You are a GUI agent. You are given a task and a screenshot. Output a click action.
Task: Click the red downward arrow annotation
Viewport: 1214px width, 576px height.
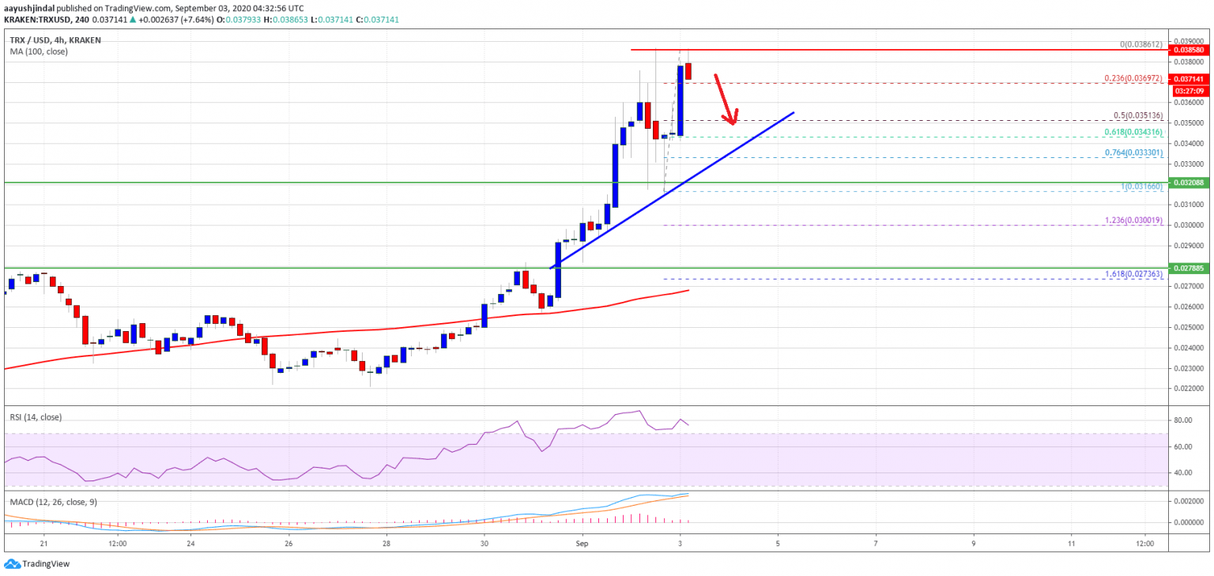pyautogui.click(x=726, y=99)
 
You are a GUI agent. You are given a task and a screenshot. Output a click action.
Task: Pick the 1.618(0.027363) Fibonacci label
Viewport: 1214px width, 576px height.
pyautogui.click(x=1133, y=274)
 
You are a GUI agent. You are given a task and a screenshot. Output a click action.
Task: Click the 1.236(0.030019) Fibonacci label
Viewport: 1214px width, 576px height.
pyautogui.click(x=1133, y=221)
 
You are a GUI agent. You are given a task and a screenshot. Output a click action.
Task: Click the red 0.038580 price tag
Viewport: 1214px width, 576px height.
pyautogui.click(x=1188, y=50)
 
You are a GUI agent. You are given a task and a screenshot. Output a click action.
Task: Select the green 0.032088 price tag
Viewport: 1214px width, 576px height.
pyautogui.click(x=1188, y=183)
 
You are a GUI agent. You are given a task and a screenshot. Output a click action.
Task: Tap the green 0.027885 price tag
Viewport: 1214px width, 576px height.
pyautogui.click(x=1188, y=268)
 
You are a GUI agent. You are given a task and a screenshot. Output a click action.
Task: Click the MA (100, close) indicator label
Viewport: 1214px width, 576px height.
pyautogui.click(x=39, y=51)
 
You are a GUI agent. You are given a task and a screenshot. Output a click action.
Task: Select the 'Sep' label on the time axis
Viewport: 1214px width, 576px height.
pyautogui.click(x=582, y=544)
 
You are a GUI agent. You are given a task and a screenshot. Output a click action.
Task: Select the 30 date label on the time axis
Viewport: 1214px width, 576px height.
pyautogui.click(x=484, y=544)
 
